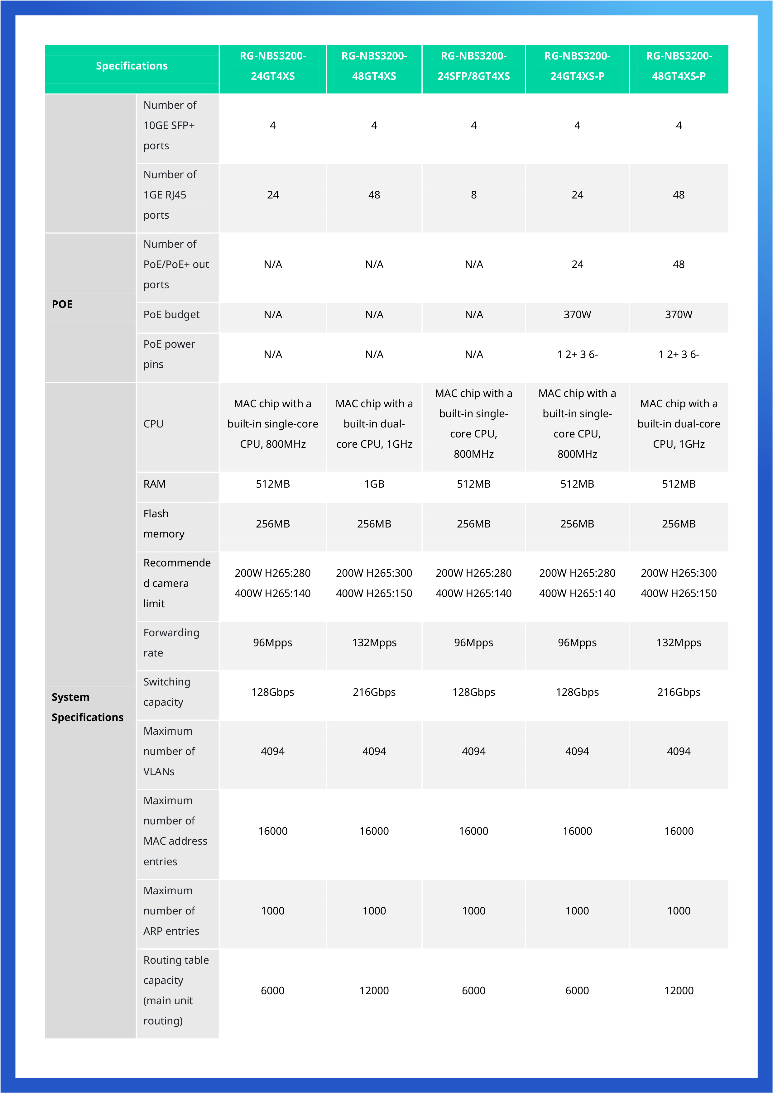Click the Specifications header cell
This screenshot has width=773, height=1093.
[132, 66]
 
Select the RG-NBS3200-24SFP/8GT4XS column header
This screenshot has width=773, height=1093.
[473, 66]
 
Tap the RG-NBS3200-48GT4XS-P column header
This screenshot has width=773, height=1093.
[678, 66]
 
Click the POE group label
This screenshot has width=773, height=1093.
[62, 304]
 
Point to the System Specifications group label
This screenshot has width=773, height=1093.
[87, 707]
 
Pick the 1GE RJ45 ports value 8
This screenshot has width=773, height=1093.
[473, 195]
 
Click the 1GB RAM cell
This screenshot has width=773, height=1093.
[374, 484]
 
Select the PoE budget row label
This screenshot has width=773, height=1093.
[171, 315]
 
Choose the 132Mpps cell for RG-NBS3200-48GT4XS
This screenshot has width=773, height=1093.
[374, 643]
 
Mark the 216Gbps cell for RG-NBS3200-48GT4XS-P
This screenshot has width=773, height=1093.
[678, 692]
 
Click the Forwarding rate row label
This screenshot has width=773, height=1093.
[171, 643]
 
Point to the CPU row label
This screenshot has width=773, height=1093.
[153, 424]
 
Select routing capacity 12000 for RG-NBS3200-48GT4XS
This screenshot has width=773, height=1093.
[374, 991]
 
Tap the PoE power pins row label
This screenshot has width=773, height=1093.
[169, 354]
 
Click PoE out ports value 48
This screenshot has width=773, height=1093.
[678, 264]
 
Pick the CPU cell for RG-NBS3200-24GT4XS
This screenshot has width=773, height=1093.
[272, 424]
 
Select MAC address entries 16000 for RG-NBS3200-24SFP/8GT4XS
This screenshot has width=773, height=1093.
[473, 831]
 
